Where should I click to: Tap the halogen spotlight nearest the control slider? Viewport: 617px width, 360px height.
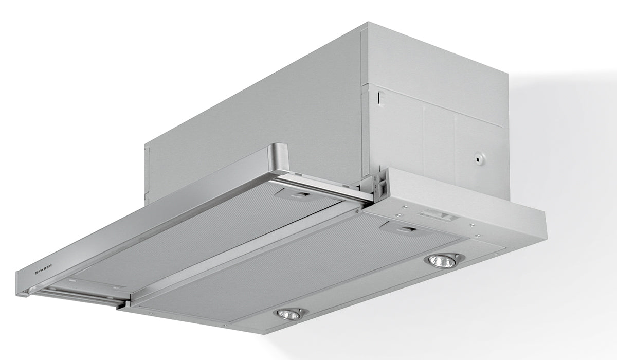pyautogui.click(x=441, y=261)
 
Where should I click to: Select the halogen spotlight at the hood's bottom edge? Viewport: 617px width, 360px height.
pyautogui.click(x=290, y=314)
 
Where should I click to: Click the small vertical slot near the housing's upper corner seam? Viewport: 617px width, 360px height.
pyautogui.click(x=380, y=98)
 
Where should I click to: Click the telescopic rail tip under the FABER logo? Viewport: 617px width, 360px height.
pyautogui.click(x=26, y=293)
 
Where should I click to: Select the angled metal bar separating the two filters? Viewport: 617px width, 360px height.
pyautogui.click(x=247, y=252)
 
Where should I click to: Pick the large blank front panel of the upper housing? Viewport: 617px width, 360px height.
pyautogui.click(x=257, y=113)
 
